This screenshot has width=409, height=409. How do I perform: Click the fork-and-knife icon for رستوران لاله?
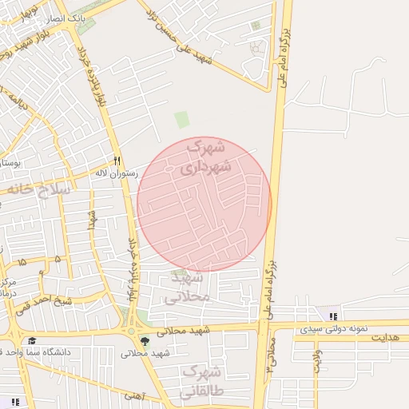117,160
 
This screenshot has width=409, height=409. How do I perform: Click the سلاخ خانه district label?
39,190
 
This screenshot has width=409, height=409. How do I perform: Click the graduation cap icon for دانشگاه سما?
33,341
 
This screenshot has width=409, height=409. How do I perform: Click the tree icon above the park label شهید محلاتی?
145,341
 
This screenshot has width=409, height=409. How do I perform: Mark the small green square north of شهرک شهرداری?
182,120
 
